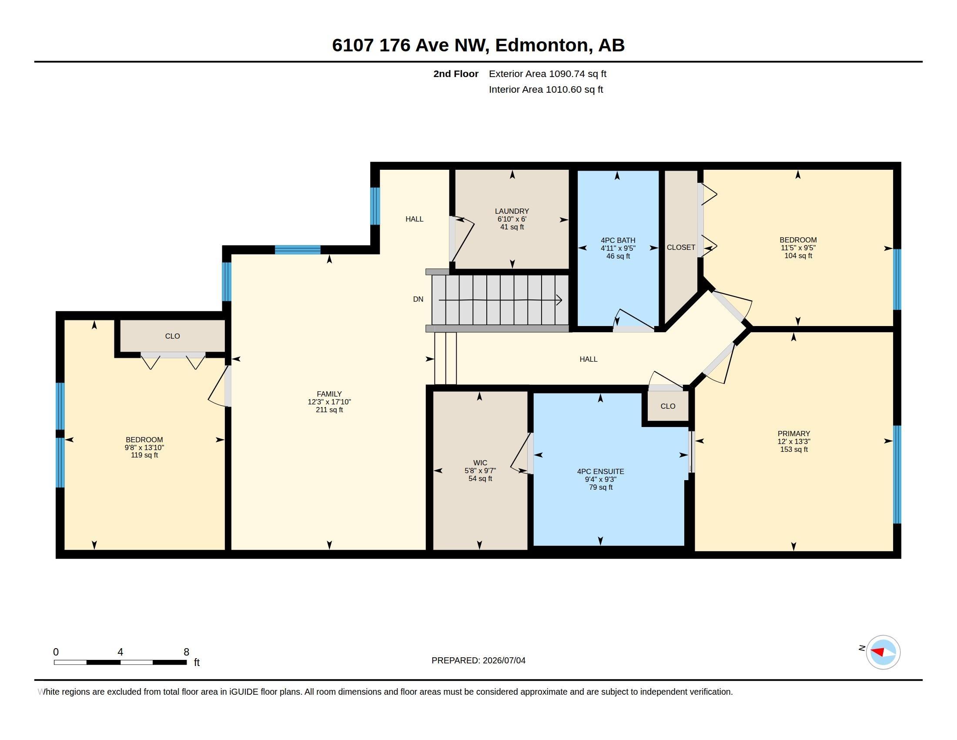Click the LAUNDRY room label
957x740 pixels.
(512, 211)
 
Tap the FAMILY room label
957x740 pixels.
(329, 394)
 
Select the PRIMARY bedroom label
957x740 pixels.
(793, 434)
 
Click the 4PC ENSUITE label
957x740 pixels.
(600, 472)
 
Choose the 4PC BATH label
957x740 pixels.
(618, 240)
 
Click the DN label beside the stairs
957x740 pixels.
(418, 299)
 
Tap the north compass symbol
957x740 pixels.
(883, 652)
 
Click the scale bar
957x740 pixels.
(120, 662)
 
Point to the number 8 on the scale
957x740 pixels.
(186, 652)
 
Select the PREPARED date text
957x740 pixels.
(478, 660)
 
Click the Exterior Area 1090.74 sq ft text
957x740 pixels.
(548, 74)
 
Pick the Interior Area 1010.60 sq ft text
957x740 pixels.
(546, 89)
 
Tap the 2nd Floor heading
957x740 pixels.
(456, 74)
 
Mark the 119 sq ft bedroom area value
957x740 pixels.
(144, 455)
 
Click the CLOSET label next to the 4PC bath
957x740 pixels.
(681, 247)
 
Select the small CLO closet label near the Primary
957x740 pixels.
(668, 407)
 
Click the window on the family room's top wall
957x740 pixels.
(298, 250)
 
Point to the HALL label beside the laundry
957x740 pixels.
(414, 219)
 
